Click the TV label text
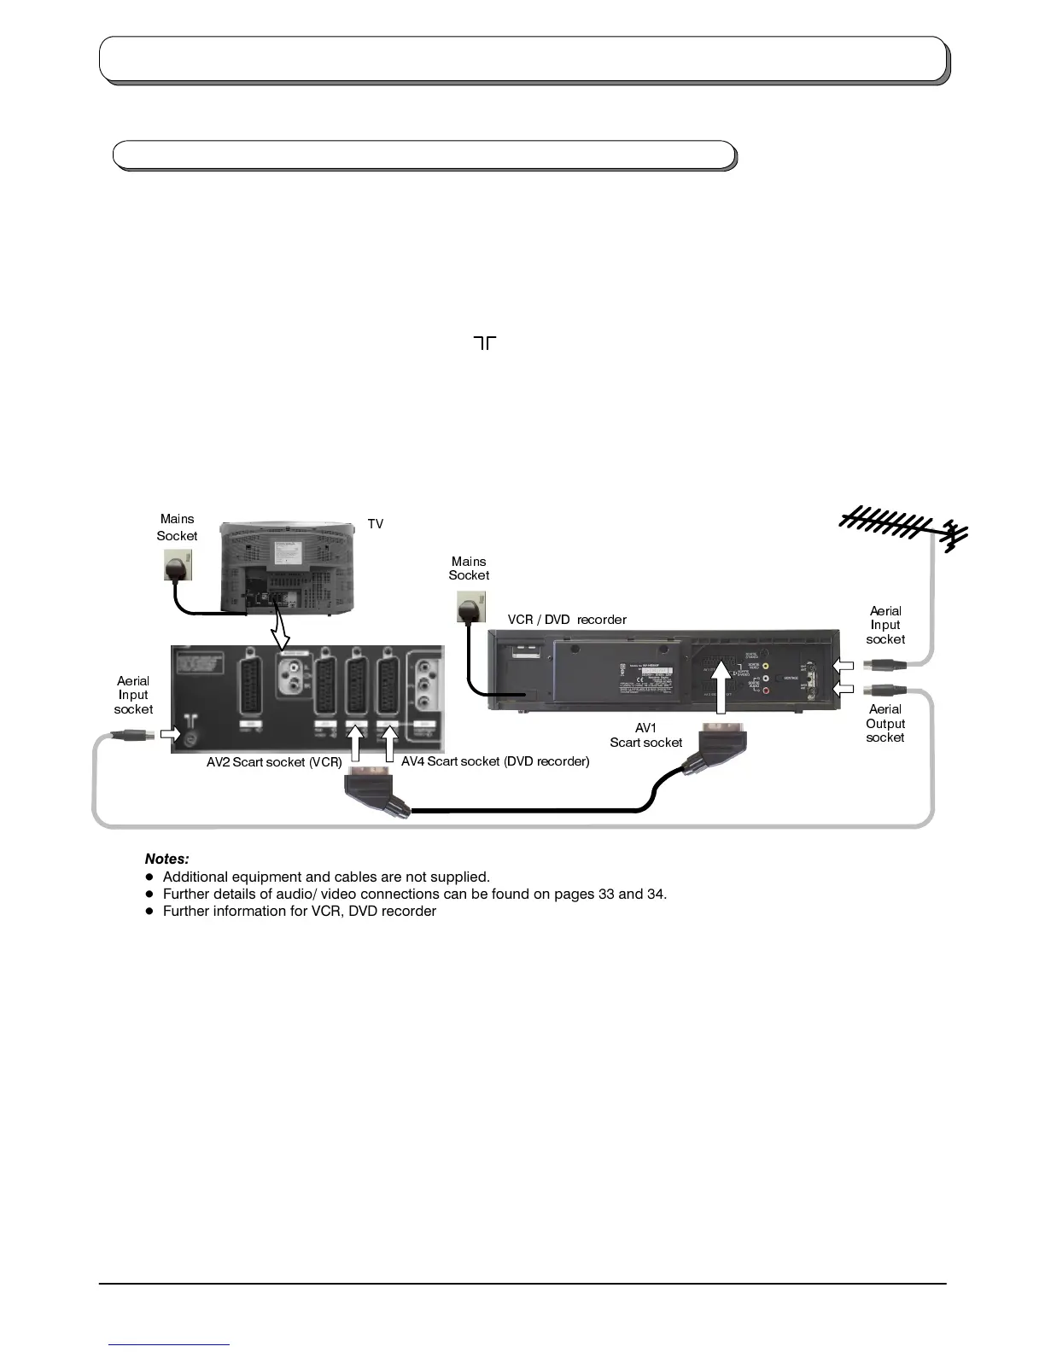pos(376,524)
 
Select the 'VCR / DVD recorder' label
pos(567,620)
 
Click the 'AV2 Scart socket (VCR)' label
pos(274,761)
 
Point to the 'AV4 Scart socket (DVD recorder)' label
pos(495,761)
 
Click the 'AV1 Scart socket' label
pos(646,736)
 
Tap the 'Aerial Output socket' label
pos(885,723)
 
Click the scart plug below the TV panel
pos(374,790)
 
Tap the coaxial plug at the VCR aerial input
pos(879,664)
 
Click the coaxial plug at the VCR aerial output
pos(879,690)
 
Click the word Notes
pos(166,859)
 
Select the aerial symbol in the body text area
pos(484,343)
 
